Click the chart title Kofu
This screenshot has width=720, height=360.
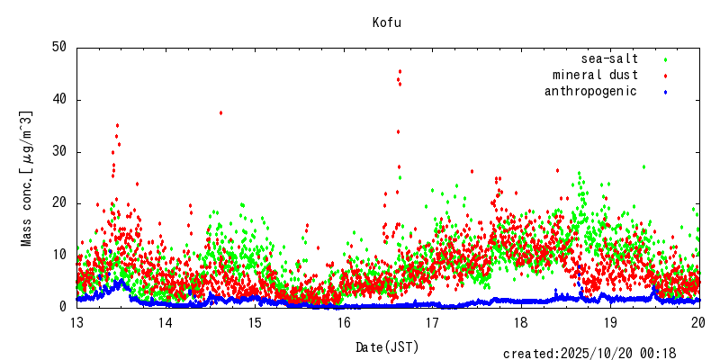point(387,22)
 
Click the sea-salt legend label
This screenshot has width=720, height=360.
point(610,58)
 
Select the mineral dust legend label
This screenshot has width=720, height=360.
point(595,75)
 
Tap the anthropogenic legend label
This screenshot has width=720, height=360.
point(590,91)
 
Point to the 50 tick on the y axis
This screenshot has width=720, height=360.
point(59,47)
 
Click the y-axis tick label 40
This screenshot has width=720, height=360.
point(59,99)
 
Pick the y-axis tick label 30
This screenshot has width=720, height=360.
point(59,151)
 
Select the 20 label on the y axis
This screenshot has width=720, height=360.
point(59,203)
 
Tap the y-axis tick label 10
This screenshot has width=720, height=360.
point(59,255)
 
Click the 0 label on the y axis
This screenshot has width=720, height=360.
point(63,307)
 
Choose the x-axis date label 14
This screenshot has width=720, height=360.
point(166,323)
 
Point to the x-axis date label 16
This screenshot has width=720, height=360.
point(344,323)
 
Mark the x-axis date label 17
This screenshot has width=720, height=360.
point(433,323)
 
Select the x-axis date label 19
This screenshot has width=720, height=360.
point(611,323)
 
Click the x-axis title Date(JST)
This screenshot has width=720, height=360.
point(387,346)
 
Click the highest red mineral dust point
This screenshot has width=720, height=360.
point(400,71)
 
